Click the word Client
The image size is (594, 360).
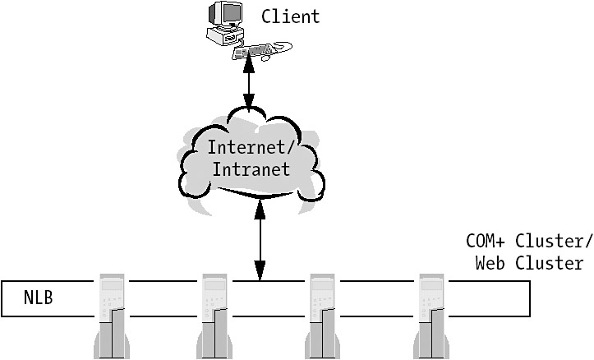pos(290,16)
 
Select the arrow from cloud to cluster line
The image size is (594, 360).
pos(260,238)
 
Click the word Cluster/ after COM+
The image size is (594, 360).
pos(553,242)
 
